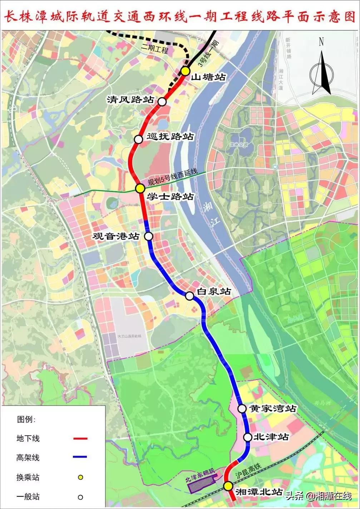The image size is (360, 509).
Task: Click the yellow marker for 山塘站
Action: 185,71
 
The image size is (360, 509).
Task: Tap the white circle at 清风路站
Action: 162,102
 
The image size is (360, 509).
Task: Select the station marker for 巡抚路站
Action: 139,139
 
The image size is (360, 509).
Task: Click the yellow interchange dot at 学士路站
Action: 140,188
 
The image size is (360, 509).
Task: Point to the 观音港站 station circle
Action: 148,236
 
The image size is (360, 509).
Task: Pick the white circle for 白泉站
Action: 189,296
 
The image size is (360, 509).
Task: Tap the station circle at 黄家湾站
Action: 242,408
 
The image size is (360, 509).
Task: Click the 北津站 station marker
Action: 248,437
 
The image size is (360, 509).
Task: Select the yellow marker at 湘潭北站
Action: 227,486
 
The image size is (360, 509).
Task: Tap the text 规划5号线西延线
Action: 173,178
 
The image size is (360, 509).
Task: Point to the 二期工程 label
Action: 154,49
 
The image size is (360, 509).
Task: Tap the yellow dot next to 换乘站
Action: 81,477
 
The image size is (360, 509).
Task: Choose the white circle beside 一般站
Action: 81,496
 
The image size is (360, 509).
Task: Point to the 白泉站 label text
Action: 213,292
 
